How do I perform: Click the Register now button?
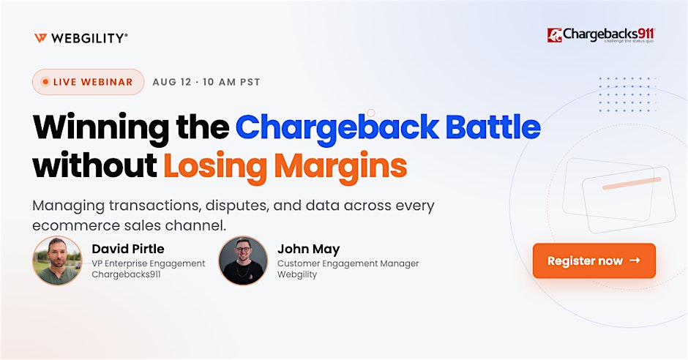click(594, 260)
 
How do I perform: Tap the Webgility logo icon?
click(40, 38)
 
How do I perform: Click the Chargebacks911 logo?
click(601, 35)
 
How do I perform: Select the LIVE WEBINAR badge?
click(88, 82)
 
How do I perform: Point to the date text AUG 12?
click(172, 82)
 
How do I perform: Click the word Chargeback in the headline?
click(337, 127)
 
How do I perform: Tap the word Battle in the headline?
click(493, 127)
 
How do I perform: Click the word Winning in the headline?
click(100, 127)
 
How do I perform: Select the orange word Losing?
click(215, 167)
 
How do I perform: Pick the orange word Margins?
click(340, 167)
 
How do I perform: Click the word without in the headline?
click(94, 165)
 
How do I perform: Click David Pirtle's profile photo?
click(57, 260)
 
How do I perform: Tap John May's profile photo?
click(243, 260)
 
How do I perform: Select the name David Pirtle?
click(128, 249)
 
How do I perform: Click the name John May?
click(308, 250)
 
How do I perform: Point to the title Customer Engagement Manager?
click(348, 263)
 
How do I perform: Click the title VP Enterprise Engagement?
click(149, 263)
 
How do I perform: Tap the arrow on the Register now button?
click(635, 260)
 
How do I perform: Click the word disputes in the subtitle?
click(237, 206)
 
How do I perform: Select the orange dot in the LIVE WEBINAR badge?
click(45, 82)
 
